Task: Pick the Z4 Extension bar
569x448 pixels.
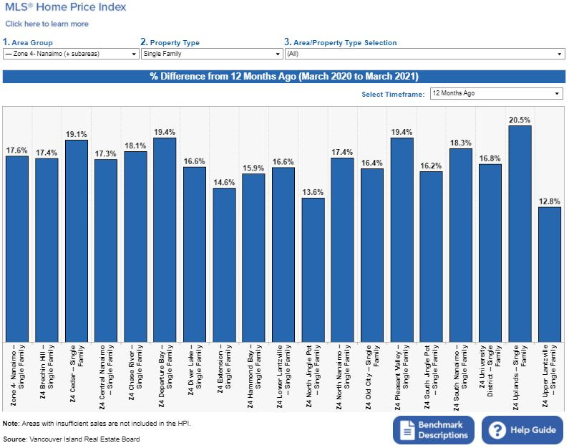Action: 224,265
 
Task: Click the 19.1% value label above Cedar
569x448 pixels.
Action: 77,134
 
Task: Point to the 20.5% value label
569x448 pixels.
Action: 520,120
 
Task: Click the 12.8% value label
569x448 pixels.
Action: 549,201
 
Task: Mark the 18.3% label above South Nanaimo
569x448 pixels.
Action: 460,143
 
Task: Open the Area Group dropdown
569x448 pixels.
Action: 70,54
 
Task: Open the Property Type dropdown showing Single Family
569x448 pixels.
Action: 211,54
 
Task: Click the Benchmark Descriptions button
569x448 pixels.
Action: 434,430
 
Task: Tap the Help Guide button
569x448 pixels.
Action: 522,430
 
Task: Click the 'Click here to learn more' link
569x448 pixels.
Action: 47,24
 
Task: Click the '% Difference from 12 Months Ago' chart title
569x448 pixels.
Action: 284,76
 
